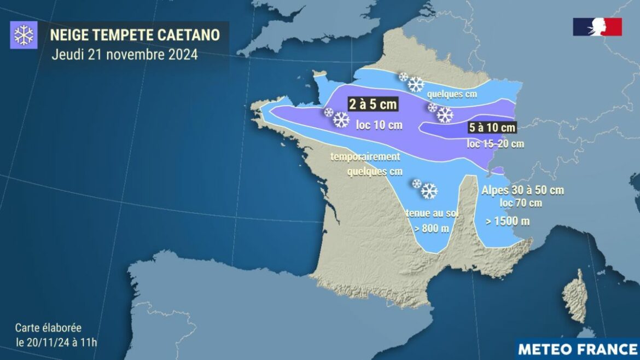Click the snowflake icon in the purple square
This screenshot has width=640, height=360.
(x=24, y=36)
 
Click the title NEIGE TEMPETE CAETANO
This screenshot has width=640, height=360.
(x=135, y=35)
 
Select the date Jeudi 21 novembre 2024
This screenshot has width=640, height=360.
(x=125, y=55)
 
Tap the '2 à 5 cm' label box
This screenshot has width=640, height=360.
(x=373, y=103)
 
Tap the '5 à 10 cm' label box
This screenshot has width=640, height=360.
(x=492, y=128)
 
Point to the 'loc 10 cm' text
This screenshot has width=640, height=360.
(x=379, y=125)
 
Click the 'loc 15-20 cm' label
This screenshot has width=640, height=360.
(x=495, y=144)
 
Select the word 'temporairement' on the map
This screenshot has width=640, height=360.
(x=365, y=157)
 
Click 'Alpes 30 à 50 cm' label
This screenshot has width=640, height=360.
(x=522, y=190)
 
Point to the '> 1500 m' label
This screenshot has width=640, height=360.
(x=508, y=222)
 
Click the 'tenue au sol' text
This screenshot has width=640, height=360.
(x=432, y=213)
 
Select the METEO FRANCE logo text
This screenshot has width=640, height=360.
(x=577, y=349)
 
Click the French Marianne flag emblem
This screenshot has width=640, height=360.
(x=597, y=27)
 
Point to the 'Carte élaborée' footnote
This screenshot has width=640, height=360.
(x=48, y=328)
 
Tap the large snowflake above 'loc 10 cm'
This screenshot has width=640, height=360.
(x=341, y=120)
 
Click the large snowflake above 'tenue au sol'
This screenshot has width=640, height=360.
(x=429, y=191)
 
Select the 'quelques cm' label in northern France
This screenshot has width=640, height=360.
(x=452, y=94)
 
